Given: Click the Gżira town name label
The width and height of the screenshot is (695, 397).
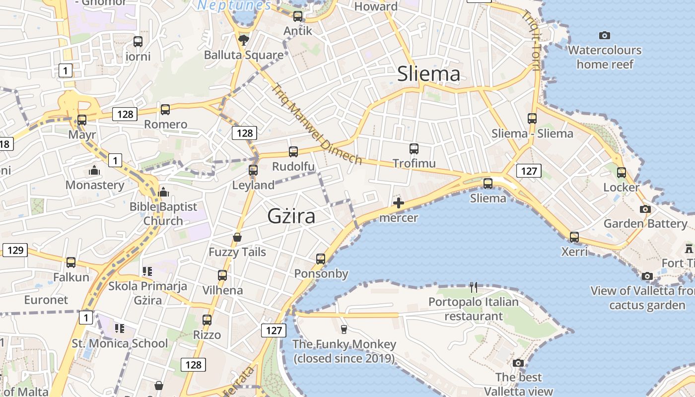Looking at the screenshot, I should pyautogui.click(x=291, y=216).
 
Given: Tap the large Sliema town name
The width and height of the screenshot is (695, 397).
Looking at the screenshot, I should pyautogui.click(x=428, y=74).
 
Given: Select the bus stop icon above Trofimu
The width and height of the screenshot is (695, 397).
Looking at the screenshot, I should pyautogui.click(x=414, y=148).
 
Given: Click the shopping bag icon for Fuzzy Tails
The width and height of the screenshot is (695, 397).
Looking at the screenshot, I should pyautogui.click(x=237, y=237).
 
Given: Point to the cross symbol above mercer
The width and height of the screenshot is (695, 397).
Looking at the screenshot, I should pyautogui.click(x=398, y=202).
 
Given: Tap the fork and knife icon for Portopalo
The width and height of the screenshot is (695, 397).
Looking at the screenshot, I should pyautogui.click(x=474, y=287).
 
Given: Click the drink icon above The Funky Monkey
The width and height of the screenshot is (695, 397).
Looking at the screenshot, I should pyautogui.click(x=344, y=329).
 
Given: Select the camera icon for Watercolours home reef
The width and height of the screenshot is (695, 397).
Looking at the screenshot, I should pyautogui.click(x=604, y=35).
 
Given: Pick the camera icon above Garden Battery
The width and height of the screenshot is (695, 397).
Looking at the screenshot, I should pyautogui.click(x=645, y=209).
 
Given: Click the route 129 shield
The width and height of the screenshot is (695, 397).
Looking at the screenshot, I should pyautogui.click(x=15, y=250).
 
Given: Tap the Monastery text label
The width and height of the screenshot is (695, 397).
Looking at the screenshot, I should pyautogui.click(x=95, y=185).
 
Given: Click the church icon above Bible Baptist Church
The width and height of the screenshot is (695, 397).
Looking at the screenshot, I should pyautogui.click(x=163, y=192).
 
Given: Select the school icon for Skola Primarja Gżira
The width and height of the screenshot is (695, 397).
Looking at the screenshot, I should pyautogui.click(x=147, y=271).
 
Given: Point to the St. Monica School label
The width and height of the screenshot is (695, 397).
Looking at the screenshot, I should pyautogui.click(x=120, y=343).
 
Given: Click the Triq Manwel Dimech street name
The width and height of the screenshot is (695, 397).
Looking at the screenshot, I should pyautogui.click(x=316, y=124).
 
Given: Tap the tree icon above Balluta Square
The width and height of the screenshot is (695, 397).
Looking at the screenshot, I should pyautogui.click(x=243, y=40).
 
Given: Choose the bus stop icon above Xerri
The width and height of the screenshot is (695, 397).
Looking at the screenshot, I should pyautogui.click(x=574, y=237).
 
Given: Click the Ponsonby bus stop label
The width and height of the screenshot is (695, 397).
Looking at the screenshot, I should pyautogui.click(x=321, y=273).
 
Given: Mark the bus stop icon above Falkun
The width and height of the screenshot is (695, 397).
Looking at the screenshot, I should pyautogui.click(x=71, y=263).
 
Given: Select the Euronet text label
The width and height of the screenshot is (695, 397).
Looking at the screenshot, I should pyautogui.click(x=46, y=300).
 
